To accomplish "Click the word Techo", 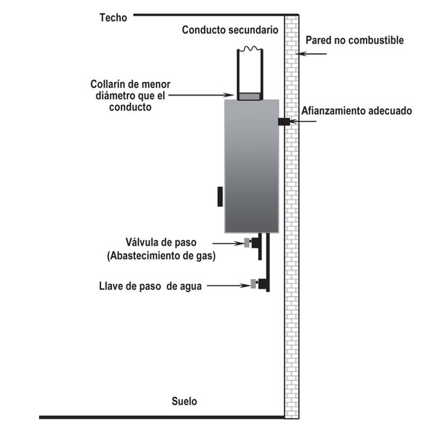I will (x=113, y=18).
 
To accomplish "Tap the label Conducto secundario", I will (x=230, y=30).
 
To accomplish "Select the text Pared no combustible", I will (x=355, y=40).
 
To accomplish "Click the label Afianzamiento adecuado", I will (x=358, y=111).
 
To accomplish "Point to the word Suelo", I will (x=184, y=401).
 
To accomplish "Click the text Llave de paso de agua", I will (x=150, y=286).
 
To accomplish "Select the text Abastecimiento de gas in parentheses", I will (x=161, y=257).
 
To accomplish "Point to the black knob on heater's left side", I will (x=220, y=196).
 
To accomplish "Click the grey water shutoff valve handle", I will (x=253, y=284).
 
